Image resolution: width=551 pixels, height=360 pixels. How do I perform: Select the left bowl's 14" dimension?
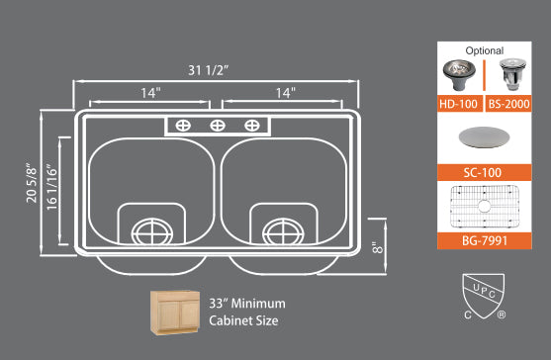[x=150, y=92]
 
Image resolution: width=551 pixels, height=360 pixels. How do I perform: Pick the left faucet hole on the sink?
[x=183, y=125]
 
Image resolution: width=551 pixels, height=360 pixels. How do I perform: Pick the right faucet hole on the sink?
[x=252, y=125]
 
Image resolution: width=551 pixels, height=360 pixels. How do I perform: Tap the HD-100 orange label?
[x=460, y=103]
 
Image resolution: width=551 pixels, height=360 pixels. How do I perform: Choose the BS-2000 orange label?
[x=507, y=103]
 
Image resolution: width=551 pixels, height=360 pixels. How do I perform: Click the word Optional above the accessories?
[x=484, y=50]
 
